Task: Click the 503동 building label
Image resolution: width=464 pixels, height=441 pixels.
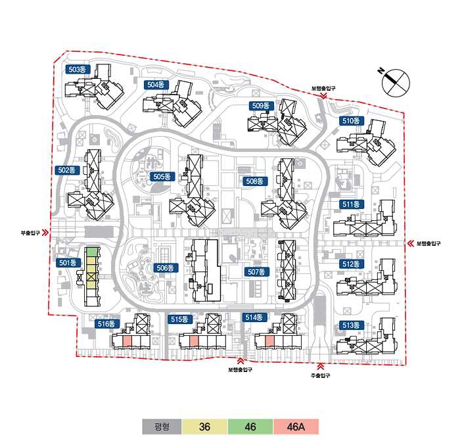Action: click(x=78, y=69)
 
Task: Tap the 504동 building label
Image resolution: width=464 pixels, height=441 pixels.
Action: click(x=158, y=85)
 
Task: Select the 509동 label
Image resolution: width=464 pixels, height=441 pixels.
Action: click(x=261, y=106)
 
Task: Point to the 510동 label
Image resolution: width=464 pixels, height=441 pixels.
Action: click(x=351, y=121)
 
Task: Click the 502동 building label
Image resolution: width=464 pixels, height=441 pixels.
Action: click(x=68, y=170)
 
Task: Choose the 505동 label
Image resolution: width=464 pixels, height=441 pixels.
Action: click(x=162, y=177)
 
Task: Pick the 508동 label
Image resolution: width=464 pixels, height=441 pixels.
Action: click(x=254, y=181)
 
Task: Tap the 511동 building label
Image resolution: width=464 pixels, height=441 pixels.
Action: click(x=351, y=204)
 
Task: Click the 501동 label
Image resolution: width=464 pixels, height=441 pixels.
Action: click(x=68, y=263)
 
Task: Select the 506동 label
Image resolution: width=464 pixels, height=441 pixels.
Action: click(x=165, y=267)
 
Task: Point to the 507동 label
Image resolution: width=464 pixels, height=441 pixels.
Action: click(x=256, y=271)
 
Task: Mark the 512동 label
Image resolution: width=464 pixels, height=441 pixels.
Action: click(x=351, y=264)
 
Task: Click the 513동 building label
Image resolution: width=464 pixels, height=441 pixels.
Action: click(x=351, y=325)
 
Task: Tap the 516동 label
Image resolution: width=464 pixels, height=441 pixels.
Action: click(x=106, y=323)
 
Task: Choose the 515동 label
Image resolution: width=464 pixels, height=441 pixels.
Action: click(x=179, y=319)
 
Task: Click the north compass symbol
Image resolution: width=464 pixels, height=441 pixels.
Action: click(x=396, y=81)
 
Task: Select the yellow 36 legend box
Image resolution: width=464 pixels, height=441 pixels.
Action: click(x=204, y=427)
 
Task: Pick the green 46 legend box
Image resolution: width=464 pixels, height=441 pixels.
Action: click(x=250, y=427)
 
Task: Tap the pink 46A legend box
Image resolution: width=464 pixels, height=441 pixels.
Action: click(x=296, y=427)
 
